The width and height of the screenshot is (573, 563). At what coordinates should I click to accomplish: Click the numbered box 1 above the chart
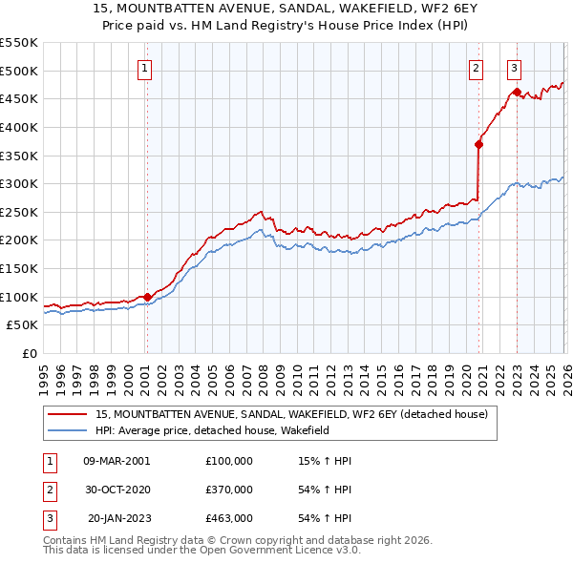click(x=144, y=68)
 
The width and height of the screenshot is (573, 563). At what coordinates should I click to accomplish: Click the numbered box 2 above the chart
click(x=476, y=68)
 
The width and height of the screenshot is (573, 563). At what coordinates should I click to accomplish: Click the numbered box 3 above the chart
click(x=514, y=68)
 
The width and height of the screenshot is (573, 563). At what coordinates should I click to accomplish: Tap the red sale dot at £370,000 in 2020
click(x=478, y=144)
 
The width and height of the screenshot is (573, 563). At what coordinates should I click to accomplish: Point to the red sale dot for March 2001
click(x=147, y=297)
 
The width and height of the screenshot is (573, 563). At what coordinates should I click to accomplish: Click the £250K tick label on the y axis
click(x=19, y=212)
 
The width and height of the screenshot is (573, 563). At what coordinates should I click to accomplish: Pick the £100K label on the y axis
click(x=19, y=297)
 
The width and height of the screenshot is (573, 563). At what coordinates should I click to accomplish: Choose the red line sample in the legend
click(x=69, y=414)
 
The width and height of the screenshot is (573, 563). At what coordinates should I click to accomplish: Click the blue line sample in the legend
click(x=69, y=431)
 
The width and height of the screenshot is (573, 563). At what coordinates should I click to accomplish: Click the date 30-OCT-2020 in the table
click(x=117, y=490)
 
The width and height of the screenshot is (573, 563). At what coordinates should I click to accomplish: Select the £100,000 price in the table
click(x=229, y=460)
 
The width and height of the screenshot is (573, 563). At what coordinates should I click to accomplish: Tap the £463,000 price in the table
click(x=229, y=518)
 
